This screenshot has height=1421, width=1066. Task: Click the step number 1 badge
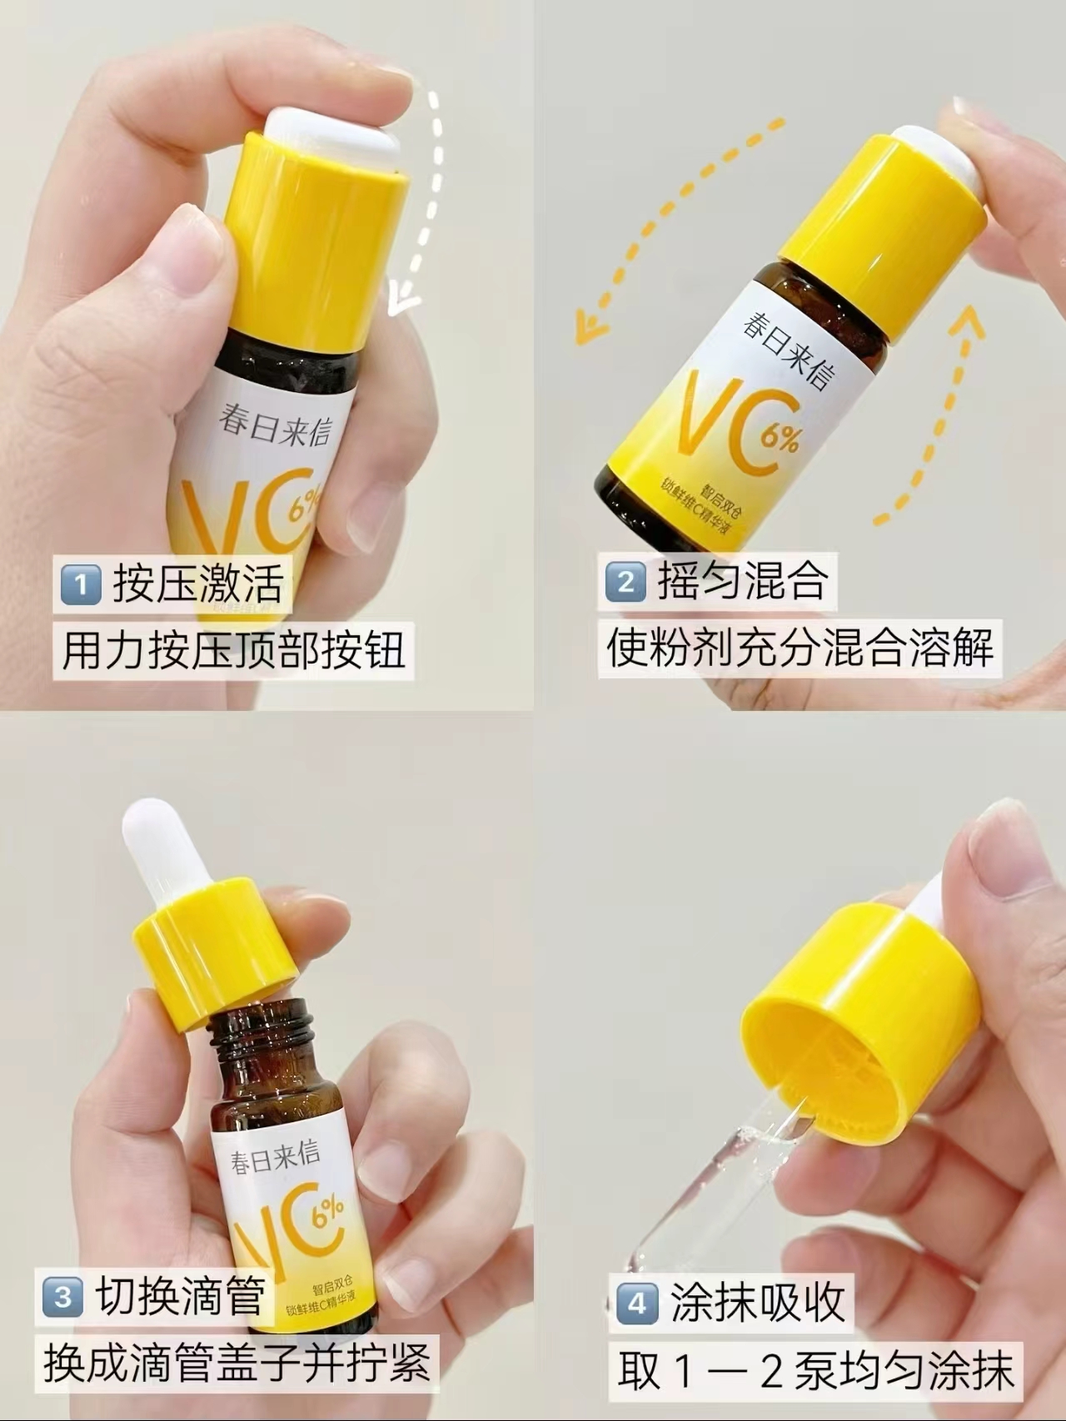pos(81,584)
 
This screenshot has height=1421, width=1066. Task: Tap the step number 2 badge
pos(626,582)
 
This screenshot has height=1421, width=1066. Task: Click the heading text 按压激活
pos(198,582)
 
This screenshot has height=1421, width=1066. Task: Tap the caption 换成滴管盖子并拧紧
pos(237,1363)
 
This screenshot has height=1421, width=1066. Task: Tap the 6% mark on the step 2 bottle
pos(780,435)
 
